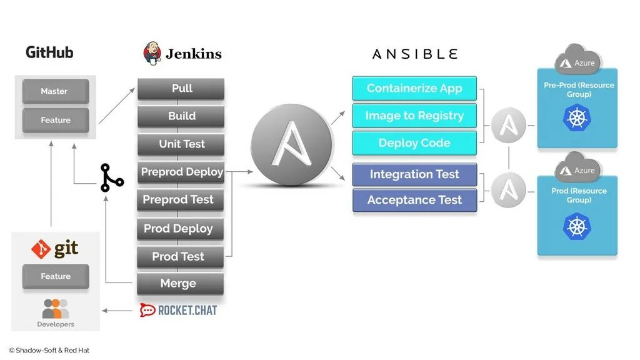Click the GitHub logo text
(x=49, y=52)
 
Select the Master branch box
(x=54, y=91)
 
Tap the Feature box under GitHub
(x=56, y=120)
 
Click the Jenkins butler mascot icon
(x=152, y=53)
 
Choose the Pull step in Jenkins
(x=181, y=89)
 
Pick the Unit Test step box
(x=181, y=144)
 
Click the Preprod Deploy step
(x=181, y=172)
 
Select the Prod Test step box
(x=179, y=256)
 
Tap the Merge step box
(x=179, y=284)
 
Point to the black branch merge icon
(x=112, y=178)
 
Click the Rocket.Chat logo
(x=178, y=310)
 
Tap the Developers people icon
(x=56, y=309)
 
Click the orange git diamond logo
(x=41, y=249)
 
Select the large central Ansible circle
(x=291, y=144)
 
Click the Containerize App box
(x=414, y=88)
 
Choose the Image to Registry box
(x=414, y=116)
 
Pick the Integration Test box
(x=414, y=174)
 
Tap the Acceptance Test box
(x=414, y=201)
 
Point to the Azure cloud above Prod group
(x=577, y=168)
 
